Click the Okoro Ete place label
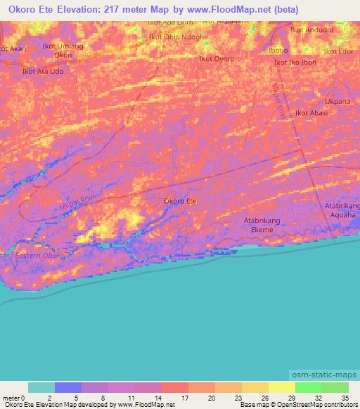[180, 202]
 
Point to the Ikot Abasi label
[311, 112]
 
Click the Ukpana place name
[337, 101]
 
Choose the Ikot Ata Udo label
[43, 72]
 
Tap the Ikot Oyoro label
[217, 59]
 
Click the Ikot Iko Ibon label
[295, 63]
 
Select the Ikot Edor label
[338, 52]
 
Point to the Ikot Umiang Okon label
[62, 50]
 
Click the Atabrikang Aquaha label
[342, 210]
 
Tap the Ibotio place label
[278, 51]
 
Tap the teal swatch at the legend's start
[41, 387]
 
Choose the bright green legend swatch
[335, 387]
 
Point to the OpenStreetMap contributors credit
[318, 405]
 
